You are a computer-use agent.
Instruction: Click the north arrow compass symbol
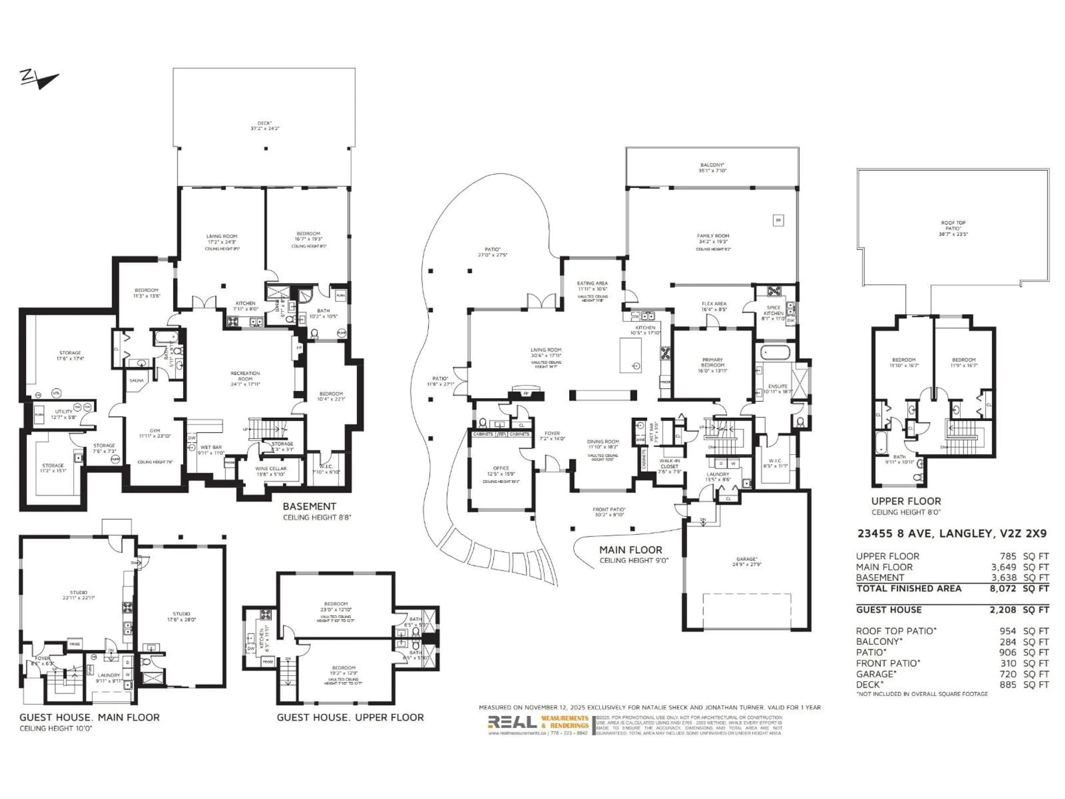click(x=39, y=79)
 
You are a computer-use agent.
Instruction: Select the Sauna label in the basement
click(x=137, y=380)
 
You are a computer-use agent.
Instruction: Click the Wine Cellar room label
click(x=271, y=468)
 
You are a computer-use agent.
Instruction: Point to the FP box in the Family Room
click(x=778, y=221)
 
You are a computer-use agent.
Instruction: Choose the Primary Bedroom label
click(x=712, y=362)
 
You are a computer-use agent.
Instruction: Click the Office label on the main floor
click(x=501, y=468)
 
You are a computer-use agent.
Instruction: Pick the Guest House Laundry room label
click(x=109, y=675)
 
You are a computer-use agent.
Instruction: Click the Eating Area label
click(x=593, y=283)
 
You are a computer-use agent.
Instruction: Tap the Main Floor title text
click(x=631, y=550)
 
